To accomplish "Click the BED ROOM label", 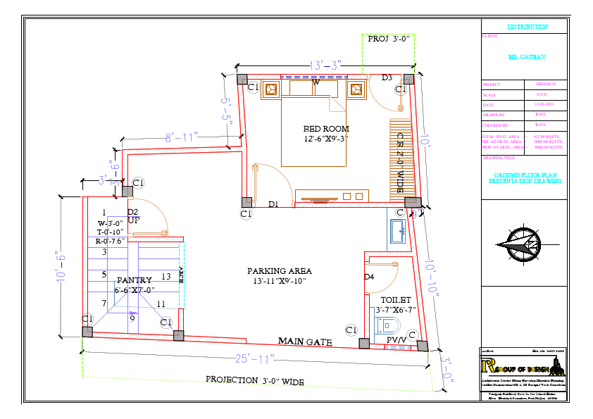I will tap(326, 129).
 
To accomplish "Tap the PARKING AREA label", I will tap(279, 271).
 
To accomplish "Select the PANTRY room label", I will tap(134, 280).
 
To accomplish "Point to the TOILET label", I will tap(395, 300).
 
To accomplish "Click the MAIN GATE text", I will tap(304, 342).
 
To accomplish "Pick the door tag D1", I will tap(273, 204).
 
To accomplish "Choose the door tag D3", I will tap(387, 77).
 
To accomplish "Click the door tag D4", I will tap(369, 277).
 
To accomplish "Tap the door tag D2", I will tap(132, 211).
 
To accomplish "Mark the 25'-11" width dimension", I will tap(255, 359).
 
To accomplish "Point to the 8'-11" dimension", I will tap(182, 137).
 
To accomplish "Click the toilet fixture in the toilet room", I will tap(389, 325).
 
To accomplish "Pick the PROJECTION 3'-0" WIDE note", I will tap(254, 380).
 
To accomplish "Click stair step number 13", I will tap(166, 276).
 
